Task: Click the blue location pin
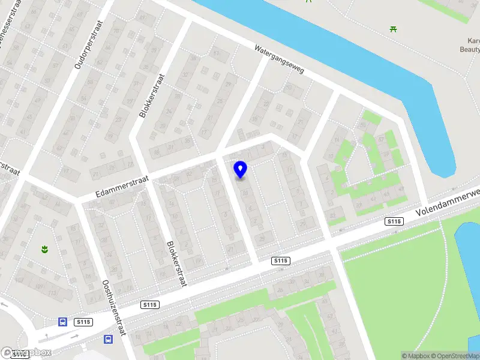241,169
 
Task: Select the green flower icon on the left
44,249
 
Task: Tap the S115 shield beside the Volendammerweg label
394,222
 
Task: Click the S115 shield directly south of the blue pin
281,260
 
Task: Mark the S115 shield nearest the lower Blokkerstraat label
150,305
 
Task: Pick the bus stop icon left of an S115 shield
62,322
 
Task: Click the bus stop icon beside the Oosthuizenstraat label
108,339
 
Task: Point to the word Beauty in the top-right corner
470,50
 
